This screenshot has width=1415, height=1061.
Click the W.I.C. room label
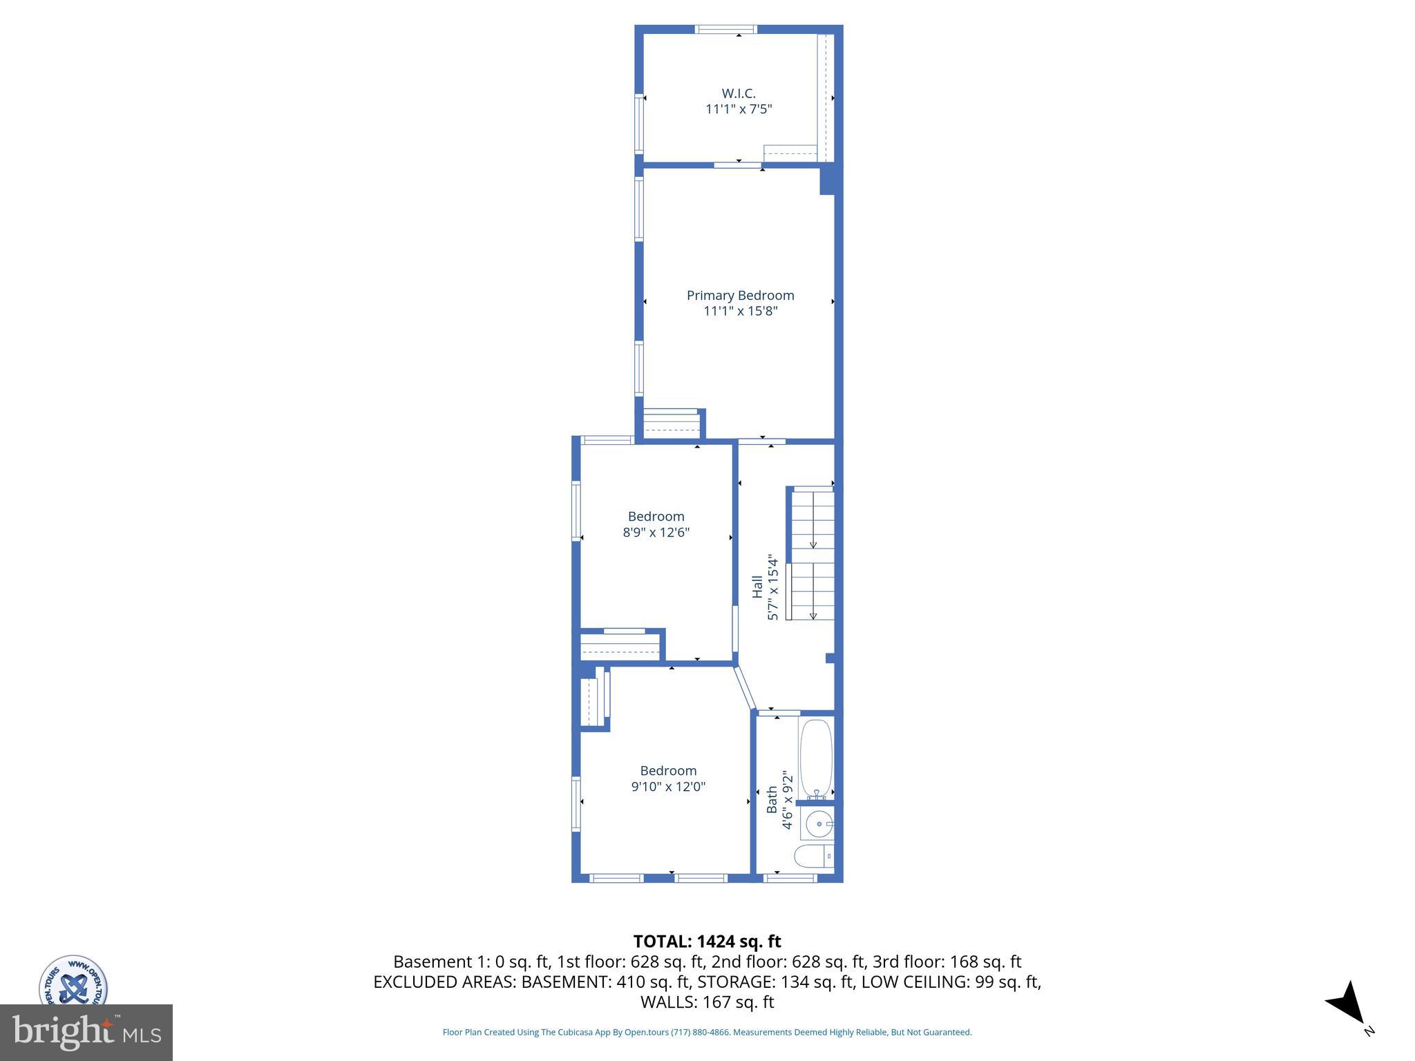(x=739, y=93)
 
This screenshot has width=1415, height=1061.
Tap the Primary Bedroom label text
(x=740, y=295)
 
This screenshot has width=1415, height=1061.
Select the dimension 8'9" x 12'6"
(x=656, y=533)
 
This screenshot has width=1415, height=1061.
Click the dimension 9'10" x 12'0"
(x=668, y=787)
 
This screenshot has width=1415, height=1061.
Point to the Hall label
(x=757, y=587)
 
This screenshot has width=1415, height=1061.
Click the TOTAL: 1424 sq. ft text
(x=707, y=941)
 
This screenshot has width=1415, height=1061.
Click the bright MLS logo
(x=86, y=1033)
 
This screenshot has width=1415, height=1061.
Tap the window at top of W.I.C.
(x=725, y=29)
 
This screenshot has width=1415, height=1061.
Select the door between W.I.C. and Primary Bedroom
(x=737, y=165)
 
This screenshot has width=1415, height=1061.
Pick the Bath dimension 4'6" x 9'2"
(x=788, y=799)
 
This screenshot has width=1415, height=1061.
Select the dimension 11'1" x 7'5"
(x=739, y=109)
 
